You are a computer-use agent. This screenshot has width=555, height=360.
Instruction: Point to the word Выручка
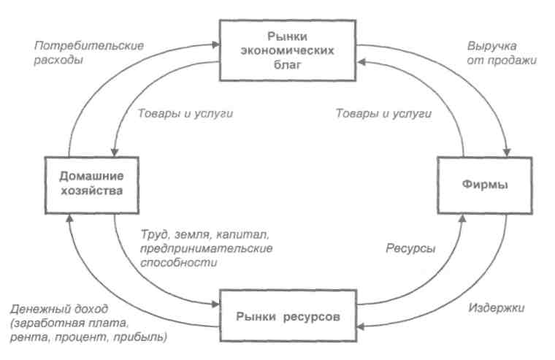coord(489,45)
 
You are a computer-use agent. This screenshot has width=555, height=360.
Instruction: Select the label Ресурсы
coord(410,248)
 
